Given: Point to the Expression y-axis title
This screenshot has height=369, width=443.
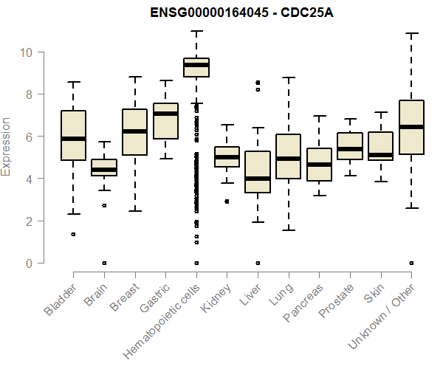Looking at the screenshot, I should click(x=7, y=146).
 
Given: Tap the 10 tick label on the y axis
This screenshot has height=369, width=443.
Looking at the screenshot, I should click(x=27, y=52).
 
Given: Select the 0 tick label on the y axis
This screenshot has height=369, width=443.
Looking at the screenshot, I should click(x=30, y=263).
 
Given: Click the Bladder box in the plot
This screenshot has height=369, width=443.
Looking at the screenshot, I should click(x=73, y=135).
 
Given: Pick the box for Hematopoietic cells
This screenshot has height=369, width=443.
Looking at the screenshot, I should click(x=196, y=68).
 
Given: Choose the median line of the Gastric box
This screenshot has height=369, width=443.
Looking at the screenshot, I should click(x=165, y=114).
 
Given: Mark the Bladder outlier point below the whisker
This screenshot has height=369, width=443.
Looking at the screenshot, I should click(x=73, y=234).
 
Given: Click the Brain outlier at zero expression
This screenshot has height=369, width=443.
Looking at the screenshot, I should click(x=104, y=263).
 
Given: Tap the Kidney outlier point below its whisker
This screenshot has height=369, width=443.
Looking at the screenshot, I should click(x=227, y=201).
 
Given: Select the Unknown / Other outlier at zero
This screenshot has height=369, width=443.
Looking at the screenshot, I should click(x=411, y=263).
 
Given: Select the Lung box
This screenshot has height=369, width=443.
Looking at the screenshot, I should click(x=288, y=156).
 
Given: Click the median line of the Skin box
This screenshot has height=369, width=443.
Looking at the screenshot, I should click(x=380, y=155).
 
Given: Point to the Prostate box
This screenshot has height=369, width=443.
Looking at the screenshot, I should click(x=349, y=146).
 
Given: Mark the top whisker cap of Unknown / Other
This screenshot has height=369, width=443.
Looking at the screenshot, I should click(x=411, y=33).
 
